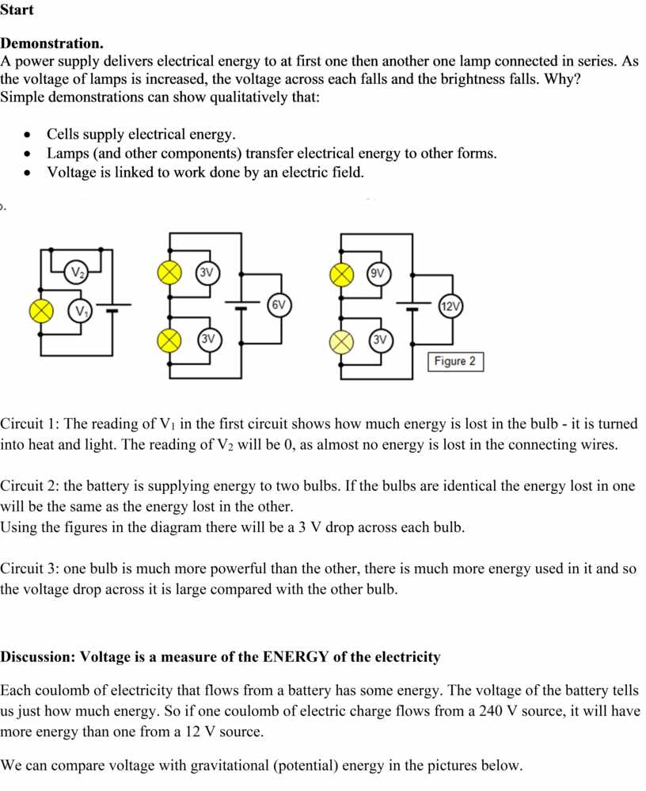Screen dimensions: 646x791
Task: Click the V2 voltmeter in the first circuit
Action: tap(76, 272)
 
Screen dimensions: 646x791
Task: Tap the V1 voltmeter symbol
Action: tap(80, 310)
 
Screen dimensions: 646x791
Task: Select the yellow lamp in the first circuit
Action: tap(41, 310)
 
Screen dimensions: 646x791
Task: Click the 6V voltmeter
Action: tap(279, 305)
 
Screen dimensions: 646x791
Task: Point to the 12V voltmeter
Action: tap(450, 306)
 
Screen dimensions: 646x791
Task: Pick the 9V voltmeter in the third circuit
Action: tap(378, 274)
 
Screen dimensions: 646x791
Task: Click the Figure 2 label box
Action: tap(455, 362)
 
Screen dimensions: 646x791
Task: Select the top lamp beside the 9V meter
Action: tap(341, 275)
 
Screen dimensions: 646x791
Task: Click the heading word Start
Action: tap(17, 10)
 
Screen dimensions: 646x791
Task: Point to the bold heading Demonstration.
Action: tap(51, 44)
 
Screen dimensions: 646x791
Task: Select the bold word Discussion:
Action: tap(38, 657)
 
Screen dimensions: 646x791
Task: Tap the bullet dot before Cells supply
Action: tap(27, 135)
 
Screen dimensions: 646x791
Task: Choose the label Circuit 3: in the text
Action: tap(29, 569)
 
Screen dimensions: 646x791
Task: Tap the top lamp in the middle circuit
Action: tap(170, 273)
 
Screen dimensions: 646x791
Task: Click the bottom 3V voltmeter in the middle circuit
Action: tap(208, 339)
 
